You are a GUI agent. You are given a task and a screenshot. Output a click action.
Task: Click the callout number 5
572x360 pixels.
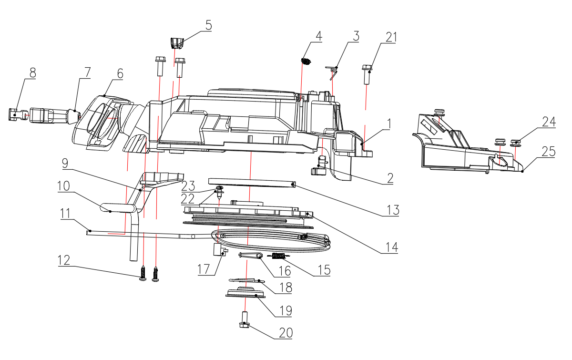(x=209, y=25)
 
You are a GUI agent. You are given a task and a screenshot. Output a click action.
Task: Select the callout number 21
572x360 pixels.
(x=391, y=37)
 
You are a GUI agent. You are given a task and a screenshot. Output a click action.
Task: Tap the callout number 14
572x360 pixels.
(x=392, y=247)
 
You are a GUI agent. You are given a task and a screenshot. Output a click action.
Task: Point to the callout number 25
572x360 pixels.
(x=549, y=152)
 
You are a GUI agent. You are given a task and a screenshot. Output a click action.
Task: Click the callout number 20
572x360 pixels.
(x=286, y=333)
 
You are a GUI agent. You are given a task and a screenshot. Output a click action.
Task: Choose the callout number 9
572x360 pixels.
(x=65, y=163)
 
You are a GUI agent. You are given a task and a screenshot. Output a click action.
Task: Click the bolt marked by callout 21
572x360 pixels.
(x=367, y=74)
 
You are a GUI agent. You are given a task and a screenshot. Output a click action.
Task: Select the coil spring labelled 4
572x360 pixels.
(x=306, y=62)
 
